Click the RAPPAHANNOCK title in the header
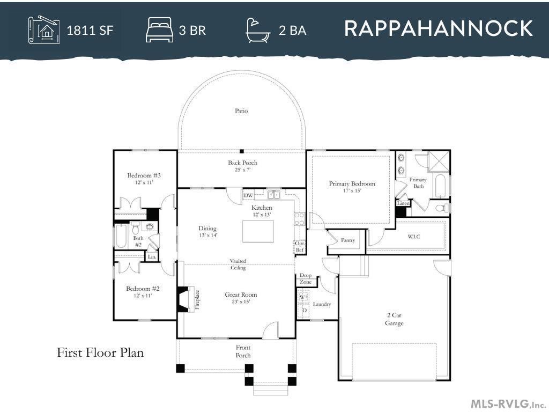click(x=439, y=28)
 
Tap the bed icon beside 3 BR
click(x=159, y=31)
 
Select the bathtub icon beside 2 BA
click(x=258, y=31)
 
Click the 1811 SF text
click(x=90, y=31)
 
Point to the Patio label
click(x=241, y=111)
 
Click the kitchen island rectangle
click(x=258, y=231)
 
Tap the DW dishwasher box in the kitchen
click(x=248, y=195)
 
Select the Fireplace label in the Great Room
click(x=197, y=300)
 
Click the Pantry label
click(x=347, y=240)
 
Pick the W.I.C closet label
click(x=413, y=237)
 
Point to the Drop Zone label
click(x=306, y=278)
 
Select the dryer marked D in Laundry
click(x=305, y=311)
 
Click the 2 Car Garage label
click(x=394, y=319)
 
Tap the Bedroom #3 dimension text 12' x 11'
click(x=144, y=182)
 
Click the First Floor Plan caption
click(x=100, y=352)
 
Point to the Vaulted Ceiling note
click(x=238, y=264)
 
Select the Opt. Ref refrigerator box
click(x=299, y=247)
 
